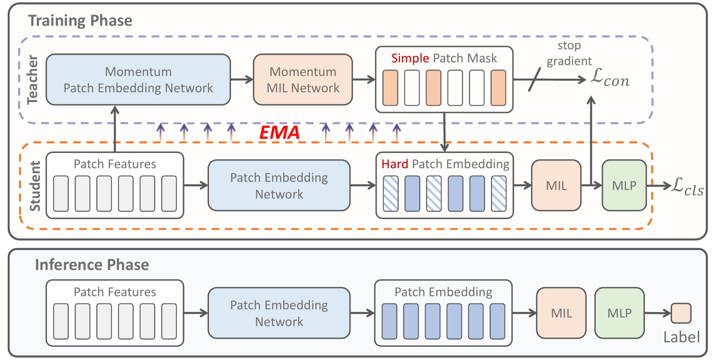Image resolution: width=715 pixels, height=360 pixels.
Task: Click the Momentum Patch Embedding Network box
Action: point(138,80)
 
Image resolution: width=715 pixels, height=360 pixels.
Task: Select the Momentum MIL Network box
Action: point(303,80)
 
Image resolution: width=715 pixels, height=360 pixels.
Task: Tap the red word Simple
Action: point(410,58)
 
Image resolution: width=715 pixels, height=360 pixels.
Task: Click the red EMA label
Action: point(279,133)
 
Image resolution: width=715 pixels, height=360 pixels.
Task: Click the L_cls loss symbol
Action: point(687,186)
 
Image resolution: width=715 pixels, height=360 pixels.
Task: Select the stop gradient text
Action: point(569,53)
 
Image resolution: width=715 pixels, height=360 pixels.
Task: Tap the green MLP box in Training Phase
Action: point(624,185)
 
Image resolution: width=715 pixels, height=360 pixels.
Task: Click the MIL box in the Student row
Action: point(556,185)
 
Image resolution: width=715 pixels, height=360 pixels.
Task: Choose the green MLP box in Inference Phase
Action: point(619,313)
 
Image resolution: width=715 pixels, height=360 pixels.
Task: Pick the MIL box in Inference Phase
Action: point(561,313)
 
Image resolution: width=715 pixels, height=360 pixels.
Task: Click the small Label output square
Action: point(681,313)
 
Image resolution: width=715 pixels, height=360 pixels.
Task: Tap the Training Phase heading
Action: point(80,21)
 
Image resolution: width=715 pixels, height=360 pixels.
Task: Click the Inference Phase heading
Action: point(92,265)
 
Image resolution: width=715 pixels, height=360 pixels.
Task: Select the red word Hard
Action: point(394,164)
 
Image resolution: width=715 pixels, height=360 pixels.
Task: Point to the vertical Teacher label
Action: point(33,80)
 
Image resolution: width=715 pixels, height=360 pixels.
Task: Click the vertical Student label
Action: point(35,186)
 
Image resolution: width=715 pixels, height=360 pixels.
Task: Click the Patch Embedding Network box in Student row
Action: point(279,185)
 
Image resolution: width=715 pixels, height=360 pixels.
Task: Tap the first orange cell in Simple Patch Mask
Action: point(390,88)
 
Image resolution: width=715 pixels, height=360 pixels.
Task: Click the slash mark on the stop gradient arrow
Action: point(535,80)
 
